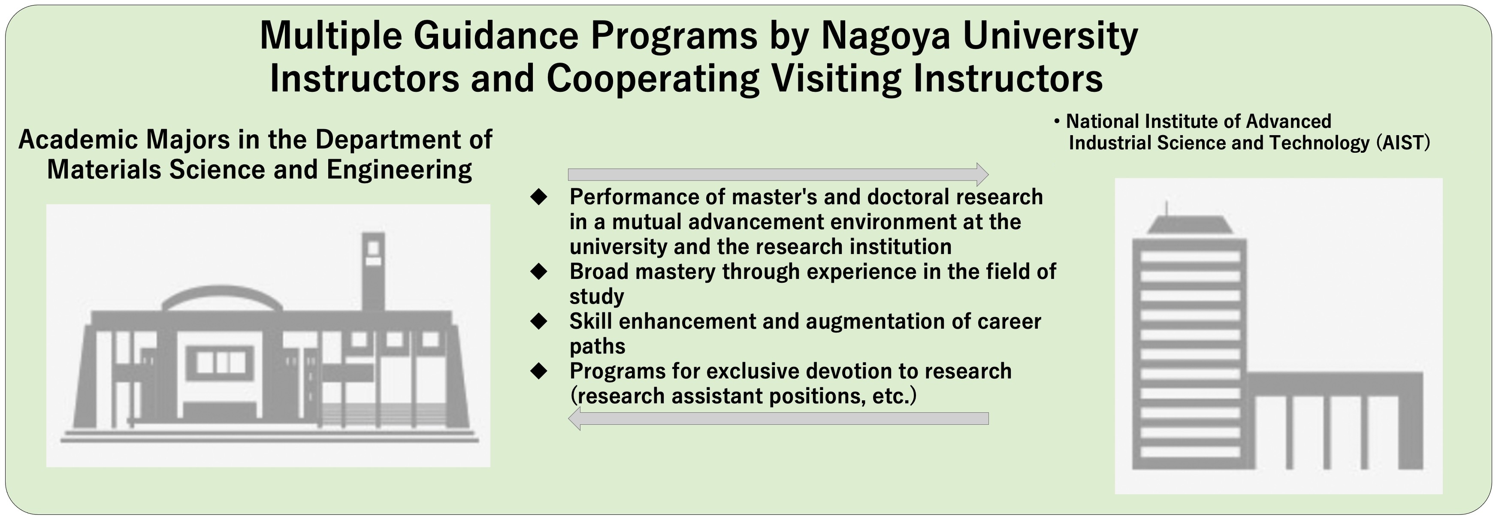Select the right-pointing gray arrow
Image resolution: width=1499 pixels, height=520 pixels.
[778, 174]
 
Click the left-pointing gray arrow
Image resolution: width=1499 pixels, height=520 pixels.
[778, 418]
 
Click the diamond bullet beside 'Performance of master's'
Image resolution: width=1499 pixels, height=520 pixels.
[539, 197]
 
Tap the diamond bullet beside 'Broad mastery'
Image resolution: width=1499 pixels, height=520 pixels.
[539, 272]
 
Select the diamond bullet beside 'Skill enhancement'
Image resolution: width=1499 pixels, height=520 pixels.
[539, 321]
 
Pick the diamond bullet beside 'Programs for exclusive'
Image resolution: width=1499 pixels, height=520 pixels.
[539, 371]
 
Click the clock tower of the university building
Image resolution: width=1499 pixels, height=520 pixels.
[373, 270]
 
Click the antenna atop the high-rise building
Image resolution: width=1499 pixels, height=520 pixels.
[1166, 208]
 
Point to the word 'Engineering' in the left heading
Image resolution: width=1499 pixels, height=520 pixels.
[399, 170]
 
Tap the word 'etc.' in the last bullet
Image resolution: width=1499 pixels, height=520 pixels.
[894, 396]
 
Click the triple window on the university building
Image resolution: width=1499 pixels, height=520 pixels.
[220, 363]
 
